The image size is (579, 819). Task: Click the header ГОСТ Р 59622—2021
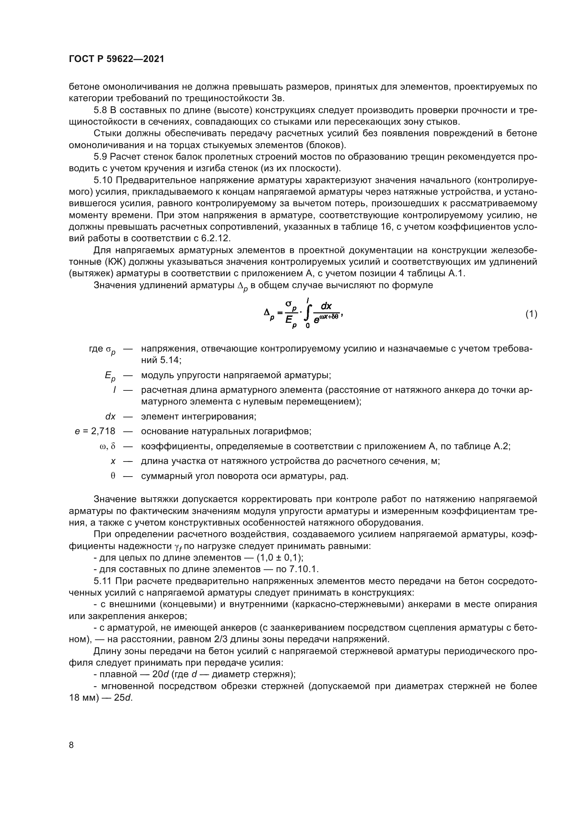117,59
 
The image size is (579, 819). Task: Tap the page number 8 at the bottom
71,745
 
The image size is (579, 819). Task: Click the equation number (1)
531,314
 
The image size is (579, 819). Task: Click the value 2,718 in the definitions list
103,431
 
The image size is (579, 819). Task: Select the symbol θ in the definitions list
113,476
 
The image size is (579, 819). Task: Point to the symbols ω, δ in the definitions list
107,446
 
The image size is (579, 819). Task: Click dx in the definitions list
111,416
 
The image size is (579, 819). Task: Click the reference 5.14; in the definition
170,360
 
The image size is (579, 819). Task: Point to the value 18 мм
82,698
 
